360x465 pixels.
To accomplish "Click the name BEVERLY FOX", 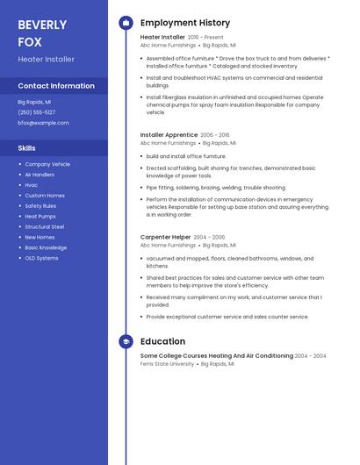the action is (42, 32).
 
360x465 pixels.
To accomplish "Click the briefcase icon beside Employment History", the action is (126, 23).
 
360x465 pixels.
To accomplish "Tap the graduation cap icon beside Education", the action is (126, 341).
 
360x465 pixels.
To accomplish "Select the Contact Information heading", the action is (56, 86).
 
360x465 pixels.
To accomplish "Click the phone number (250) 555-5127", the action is (36, 112).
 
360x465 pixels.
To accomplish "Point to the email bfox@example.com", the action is (43, 123).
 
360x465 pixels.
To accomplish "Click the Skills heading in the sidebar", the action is (27, 148).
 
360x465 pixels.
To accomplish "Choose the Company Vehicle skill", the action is (47, 164).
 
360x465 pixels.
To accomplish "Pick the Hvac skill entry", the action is (32, 185).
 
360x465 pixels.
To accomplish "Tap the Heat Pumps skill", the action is (40, 216).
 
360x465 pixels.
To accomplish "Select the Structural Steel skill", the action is (45, 226).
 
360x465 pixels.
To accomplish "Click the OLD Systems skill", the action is (41, 258).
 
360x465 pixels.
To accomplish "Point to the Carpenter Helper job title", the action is (165, 237).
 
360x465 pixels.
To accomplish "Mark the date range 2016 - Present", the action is (205, 38).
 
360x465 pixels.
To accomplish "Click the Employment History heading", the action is (185, 23).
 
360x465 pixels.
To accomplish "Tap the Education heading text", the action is (162, 341).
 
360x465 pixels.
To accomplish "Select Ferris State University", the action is (167, 363).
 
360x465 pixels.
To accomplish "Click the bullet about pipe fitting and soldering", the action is (216, 187).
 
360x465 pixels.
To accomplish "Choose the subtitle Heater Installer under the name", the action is (46, 60).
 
